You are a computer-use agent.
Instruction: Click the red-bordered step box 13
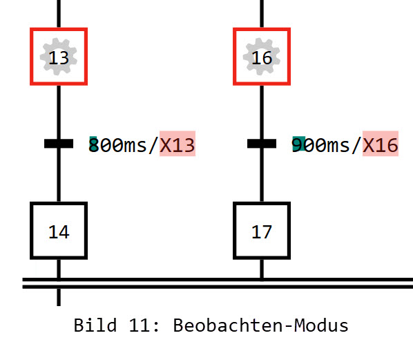point(59,57)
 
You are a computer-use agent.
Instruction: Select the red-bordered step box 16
point(262,57)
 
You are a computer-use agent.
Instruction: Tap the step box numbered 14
point(59,231)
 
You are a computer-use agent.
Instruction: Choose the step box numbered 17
point(262,231)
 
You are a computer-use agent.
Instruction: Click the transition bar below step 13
point(59,144)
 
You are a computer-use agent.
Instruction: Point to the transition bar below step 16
point(262,144)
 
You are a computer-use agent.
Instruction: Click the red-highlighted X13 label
point(177,144)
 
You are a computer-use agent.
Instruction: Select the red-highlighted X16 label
point(381,144)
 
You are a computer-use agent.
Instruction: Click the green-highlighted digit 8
point(94,144)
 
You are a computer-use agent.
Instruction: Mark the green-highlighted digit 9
point(298,144)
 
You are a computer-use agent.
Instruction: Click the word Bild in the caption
point(90,325)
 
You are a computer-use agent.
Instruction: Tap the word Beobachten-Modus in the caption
point(260,325)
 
